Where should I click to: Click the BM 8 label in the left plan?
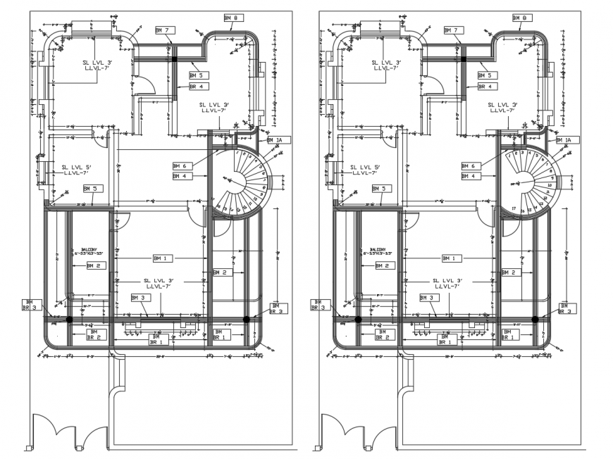point(234,18)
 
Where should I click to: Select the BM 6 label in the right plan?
point(469,165)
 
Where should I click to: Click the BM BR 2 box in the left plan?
point(95,334)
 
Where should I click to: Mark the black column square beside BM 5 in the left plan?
point(174,61)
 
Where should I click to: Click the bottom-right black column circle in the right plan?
point(535,320)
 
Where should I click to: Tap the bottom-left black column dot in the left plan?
point(69,320)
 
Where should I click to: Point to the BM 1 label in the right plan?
point(452,258)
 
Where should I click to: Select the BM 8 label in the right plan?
point(523,18)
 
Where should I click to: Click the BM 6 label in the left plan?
point(180,165)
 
